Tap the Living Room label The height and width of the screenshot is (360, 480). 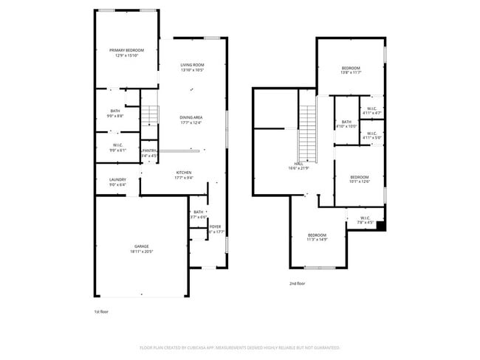click(x=192, y=66)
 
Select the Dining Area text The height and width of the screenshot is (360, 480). click(x=191, y=117)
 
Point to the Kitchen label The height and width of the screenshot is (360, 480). click(x=183, y=173)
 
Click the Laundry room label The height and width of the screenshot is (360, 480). click(x=117, y=179)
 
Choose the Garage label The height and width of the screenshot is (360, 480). click(x=142, y=246)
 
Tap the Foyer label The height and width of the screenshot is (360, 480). click(x=215, y=226)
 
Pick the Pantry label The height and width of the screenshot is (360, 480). click(x=150, y=150)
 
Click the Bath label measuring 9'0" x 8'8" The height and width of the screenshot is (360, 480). click(x=115, y=111)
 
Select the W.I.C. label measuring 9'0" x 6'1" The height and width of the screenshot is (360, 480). click(x=117, y=145)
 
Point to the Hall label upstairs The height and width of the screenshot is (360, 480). click(x=298, y=165)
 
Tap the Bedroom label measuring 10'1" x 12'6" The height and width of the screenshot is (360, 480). click(x=359, y=177)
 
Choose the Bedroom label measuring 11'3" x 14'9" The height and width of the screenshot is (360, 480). click(x=317, y=235)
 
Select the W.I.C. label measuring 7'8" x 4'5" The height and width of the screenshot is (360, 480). click(x=366, y=218)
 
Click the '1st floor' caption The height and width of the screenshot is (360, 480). click(x=102, y=312)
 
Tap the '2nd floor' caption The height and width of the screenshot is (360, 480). click(x=298, y=283)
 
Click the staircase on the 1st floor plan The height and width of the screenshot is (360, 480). click(x=150, y=114)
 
